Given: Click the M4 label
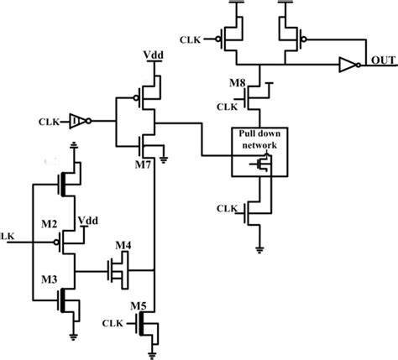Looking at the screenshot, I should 124,246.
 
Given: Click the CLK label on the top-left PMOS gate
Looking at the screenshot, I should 191,39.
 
